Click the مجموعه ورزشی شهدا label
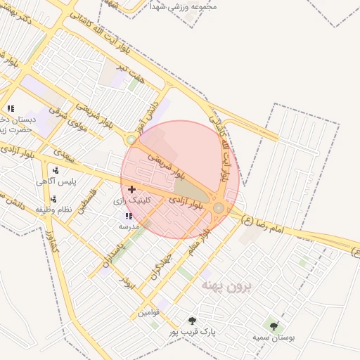[184, 6]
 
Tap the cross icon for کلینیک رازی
[131, 189]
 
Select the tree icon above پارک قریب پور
[192, 320]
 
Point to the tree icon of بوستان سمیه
[274, 326]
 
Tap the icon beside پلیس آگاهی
[54, 170]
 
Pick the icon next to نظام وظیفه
[53, 199]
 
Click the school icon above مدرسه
[128, 216]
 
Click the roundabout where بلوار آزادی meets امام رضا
[219, 207]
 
